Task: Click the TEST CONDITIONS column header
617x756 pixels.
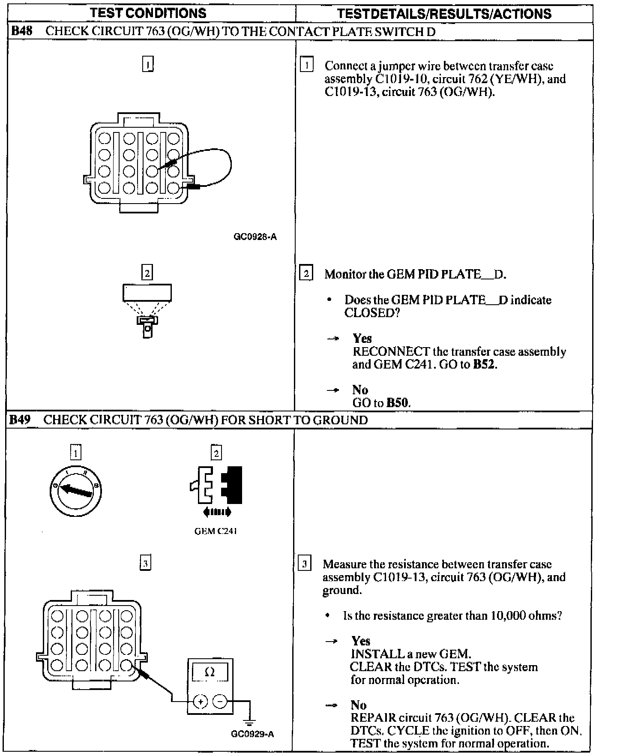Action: tap(149, 13)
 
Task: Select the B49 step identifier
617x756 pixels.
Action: tap(20, 420)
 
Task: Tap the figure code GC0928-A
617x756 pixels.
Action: tap(255, 237)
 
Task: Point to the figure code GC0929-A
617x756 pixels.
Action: tap(252, 734)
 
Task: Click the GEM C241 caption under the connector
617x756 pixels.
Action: tap(216, 531)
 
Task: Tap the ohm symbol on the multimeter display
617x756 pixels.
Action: tap(210, 673)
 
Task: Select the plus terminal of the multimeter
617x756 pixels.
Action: tap(200, 702)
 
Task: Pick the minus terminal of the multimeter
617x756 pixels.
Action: tap(220, 702)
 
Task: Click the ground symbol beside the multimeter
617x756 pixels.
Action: tap(250, 721)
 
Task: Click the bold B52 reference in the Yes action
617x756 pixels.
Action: tap(484, 364)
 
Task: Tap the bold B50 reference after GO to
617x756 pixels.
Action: tap(398, 402)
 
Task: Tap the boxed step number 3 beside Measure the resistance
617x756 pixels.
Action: tap(304, 564)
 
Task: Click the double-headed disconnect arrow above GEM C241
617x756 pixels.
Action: tap(217, 512)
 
